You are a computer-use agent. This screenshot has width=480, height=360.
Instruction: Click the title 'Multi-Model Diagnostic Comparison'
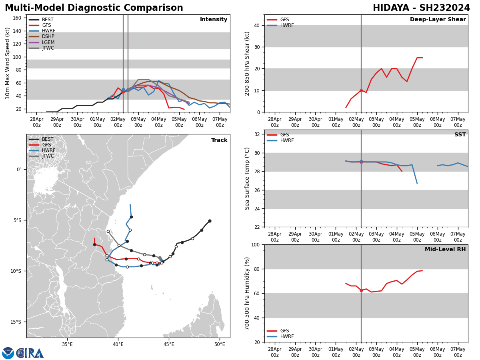[x=94, y=8]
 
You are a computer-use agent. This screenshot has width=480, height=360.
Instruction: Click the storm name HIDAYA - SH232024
[x=421, y=8]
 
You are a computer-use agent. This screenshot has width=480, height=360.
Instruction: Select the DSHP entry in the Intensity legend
[x=48, y=37]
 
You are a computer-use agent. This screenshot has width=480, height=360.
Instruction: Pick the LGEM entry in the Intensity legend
[x=48, y=42]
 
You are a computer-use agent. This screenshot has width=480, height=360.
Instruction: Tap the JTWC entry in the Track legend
[x=48, y=156]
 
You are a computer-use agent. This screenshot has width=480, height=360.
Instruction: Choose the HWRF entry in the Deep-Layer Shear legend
[x=286, y=25]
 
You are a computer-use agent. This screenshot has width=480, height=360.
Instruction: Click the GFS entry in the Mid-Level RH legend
[x=284, y=331]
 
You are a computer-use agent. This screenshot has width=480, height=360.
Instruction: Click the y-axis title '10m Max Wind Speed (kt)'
[x=8, y=63]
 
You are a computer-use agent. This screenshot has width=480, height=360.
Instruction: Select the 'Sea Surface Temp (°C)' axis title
[x=247, y=178]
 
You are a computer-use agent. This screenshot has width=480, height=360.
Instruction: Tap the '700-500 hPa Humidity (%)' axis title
[x=247, y=293]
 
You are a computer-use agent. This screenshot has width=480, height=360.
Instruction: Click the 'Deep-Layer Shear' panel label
[x=438, y=20]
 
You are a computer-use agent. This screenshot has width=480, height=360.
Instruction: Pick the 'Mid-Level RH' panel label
[x=445, y=250]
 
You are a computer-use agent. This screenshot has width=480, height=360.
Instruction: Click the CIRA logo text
[x=30, y=353]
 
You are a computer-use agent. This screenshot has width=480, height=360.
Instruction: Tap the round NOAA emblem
[x=8, y=353]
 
